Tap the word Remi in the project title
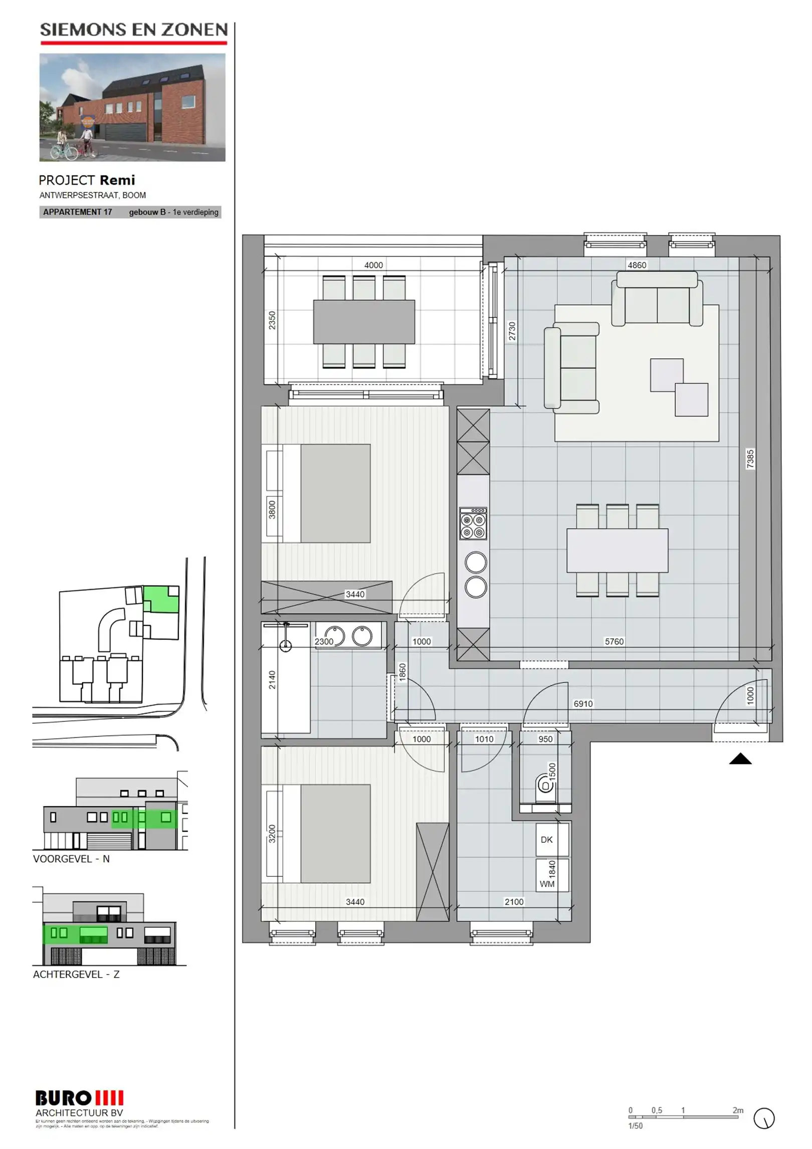(117, 180)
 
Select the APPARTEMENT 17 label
(78, 212)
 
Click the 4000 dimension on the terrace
(373, 265)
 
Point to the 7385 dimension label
(750, 459)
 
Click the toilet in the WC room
(545, 784)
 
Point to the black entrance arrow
(740, 759)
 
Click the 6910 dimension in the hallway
(583, 704)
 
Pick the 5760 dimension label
(614, 642)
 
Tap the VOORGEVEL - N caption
(71, 859)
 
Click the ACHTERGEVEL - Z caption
(76, 975)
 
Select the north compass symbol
(764, 1118)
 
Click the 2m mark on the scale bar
(738, 1110)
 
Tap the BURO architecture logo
(79, 1099)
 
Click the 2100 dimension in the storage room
(514, 902)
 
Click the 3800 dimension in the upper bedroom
(272, 509)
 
